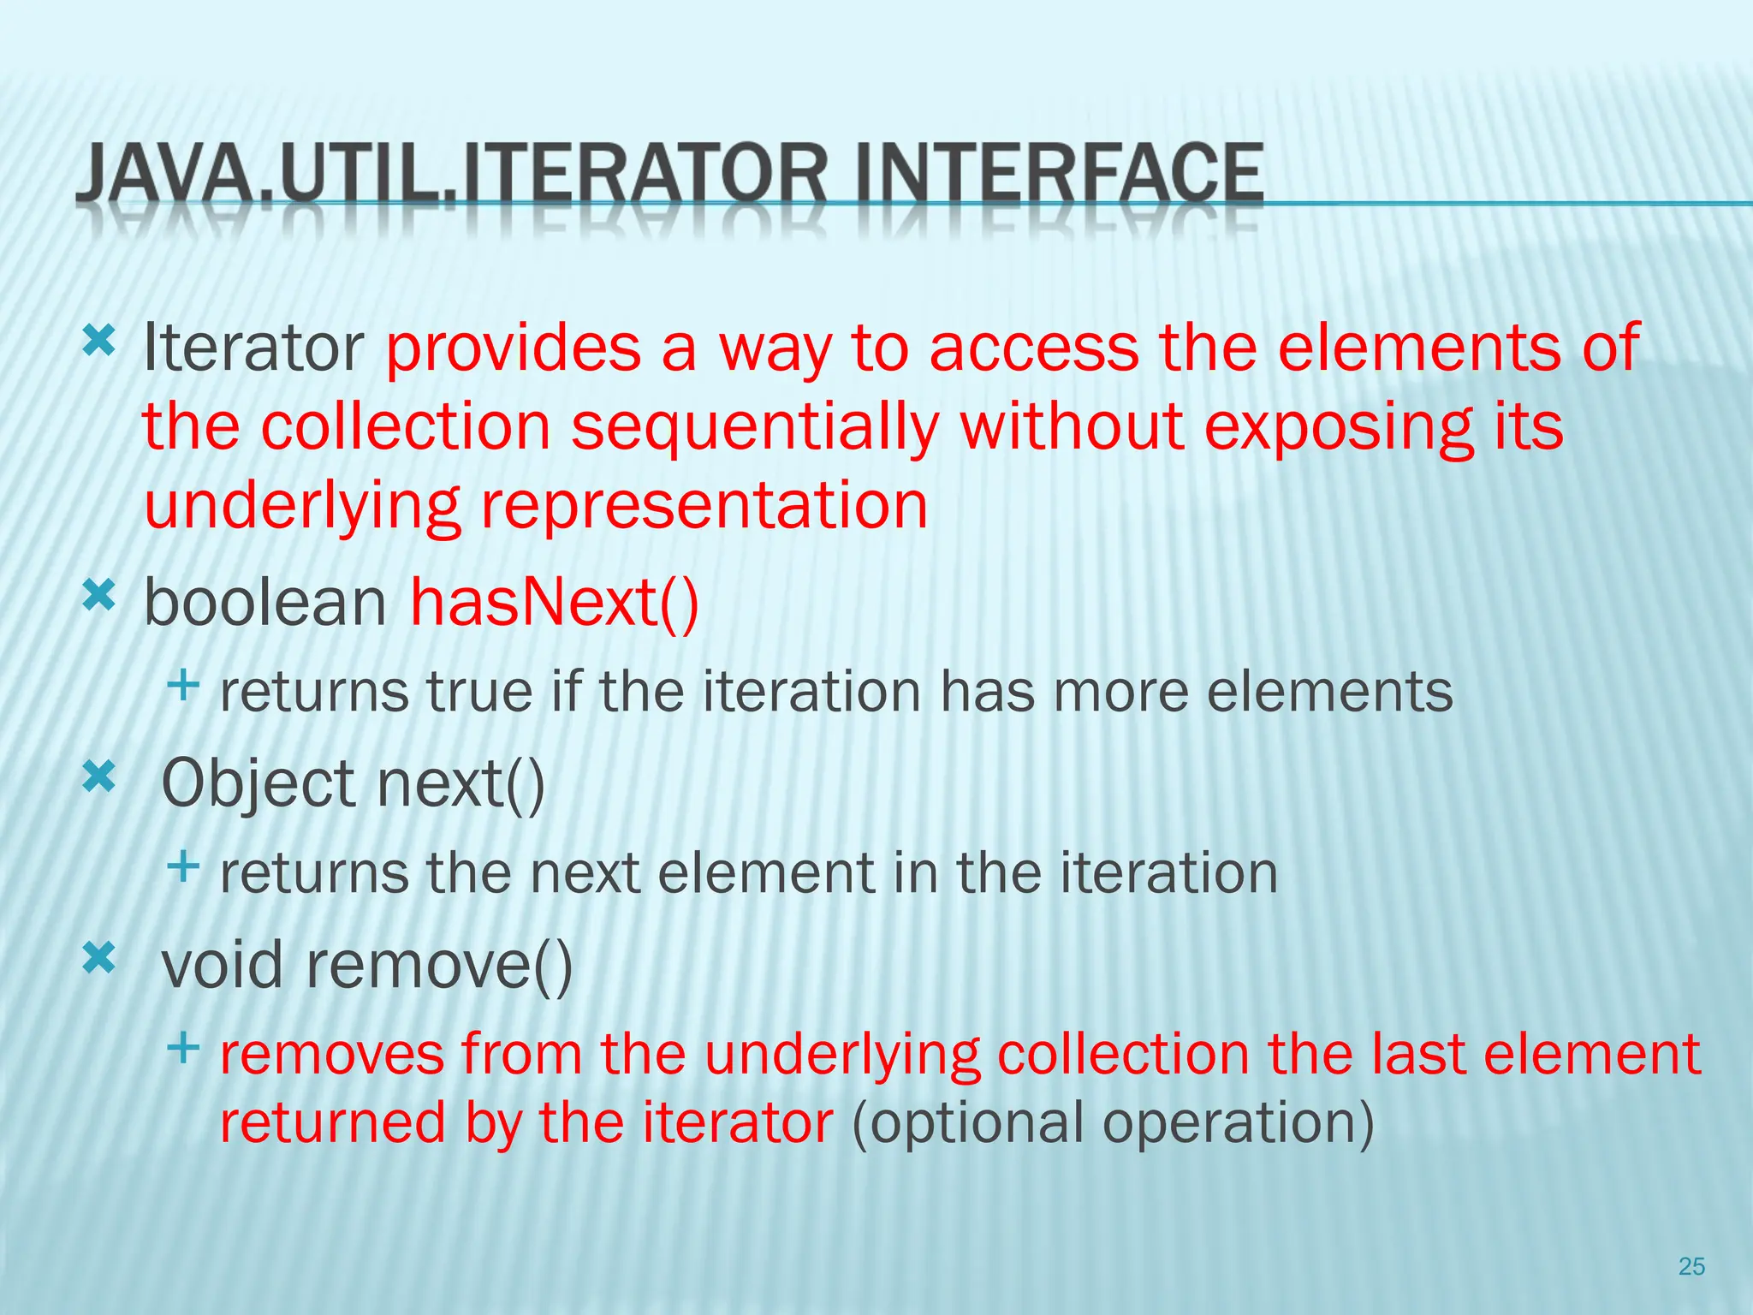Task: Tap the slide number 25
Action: coord(1691,1266)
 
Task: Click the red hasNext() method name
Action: coord(555,602)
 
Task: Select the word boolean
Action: coord(265,602)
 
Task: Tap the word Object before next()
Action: coord(258,783)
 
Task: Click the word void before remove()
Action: coord(222,965)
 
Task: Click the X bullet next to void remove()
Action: coord(98,958)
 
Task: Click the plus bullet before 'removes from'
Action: coord(183,1047)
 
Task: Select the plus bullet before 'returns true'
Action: coord(183,684)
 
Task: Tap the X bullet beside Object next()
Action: coord(98,777)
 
